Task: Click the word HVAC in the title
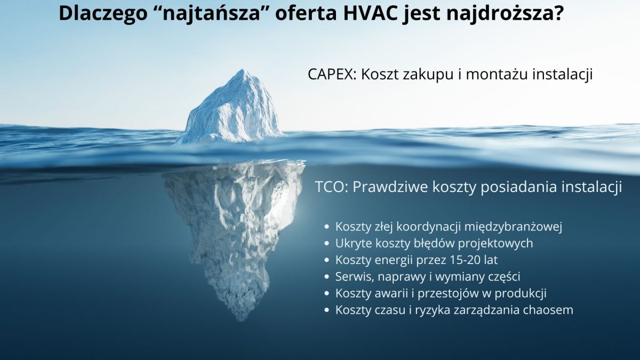pos(370,13)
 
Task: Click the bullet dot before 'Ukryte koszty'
pos(327,244)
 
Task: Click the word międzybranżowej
pos(514,227)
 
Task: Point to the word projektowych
pos(495,244)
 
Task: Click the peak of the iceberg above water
pos(243,69)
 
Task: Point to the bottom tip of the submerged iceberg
pos(243,321)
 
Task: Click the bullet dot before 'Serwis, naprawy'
pos(327,277)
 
